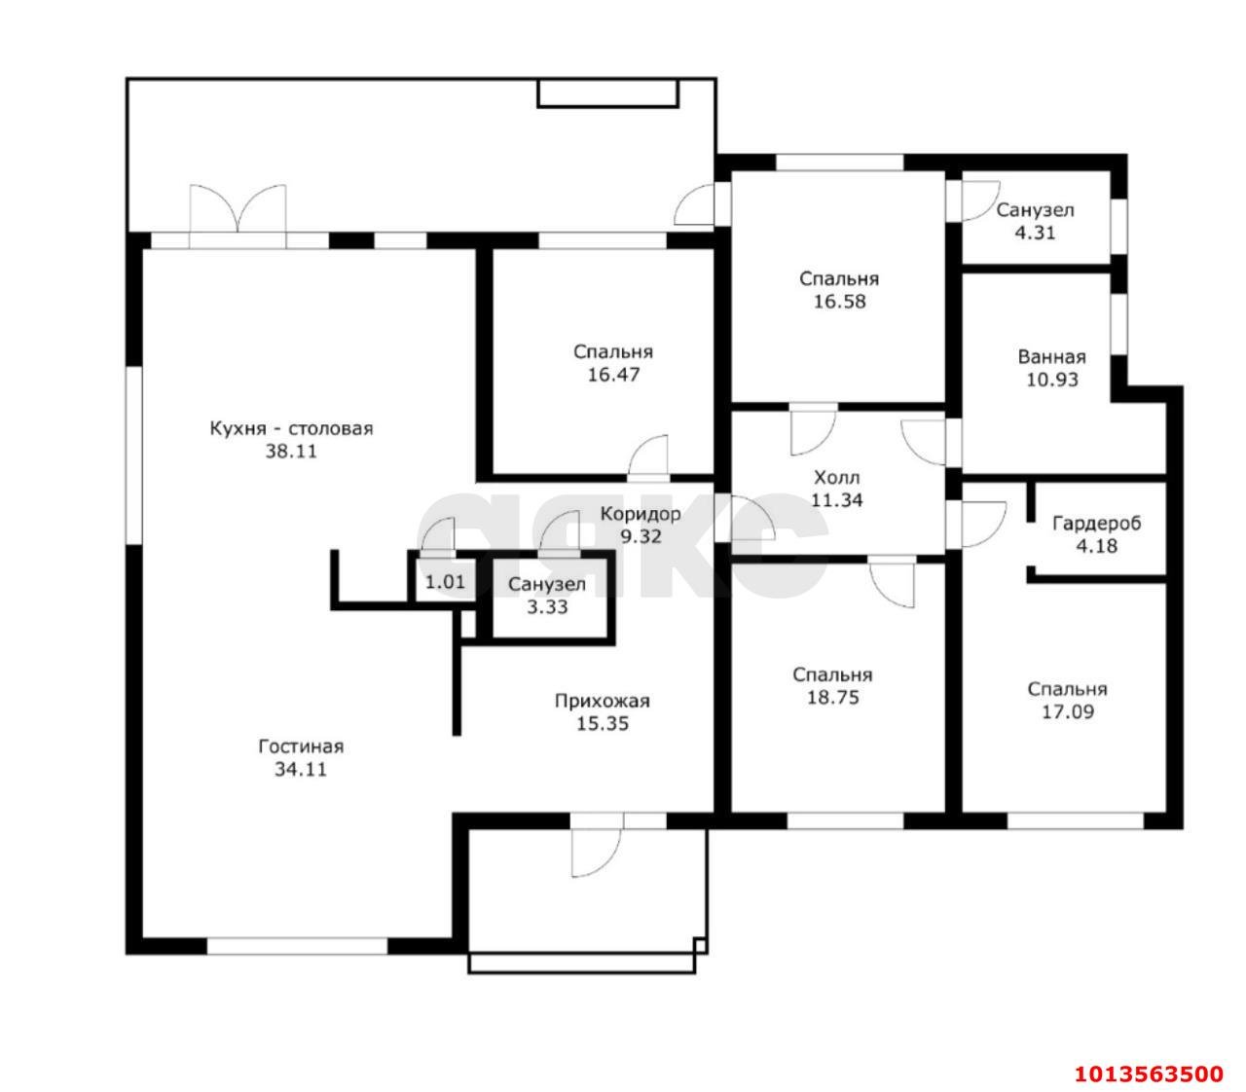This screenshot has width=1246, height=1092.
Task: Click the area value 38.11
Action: tap(291, 452)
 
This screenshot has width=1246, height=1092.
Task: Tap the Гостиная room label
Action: tap(301, 746)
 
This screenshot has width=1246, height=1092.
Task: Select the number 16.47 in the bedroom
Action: tap(613, 375)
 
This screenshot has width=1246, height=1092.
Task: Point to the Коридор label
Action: tap(641, 514)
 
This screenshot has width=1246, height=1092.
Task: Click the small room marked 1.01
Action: tap(445, 581)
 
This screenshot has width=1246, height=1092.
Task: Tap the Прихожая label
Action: tap(603, 701)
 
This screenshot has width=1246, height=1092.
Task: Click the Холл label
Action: tap(836, 478)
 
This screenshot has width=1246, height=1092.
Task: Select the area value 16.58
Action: tap(839, 302)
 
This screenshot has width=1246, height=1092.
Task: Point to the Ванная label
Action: tap(1051, 356)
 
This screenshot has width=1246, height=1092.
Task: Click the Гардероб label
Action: tap(1096, 524)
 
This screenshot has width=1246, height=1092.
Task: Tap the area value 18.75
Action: tap(832, 698)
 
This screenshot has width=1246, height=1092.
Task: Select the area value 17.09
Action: tap(1068, 712)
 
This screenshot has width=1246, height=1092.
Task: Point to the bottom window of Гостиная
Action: tap(297, 946)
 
